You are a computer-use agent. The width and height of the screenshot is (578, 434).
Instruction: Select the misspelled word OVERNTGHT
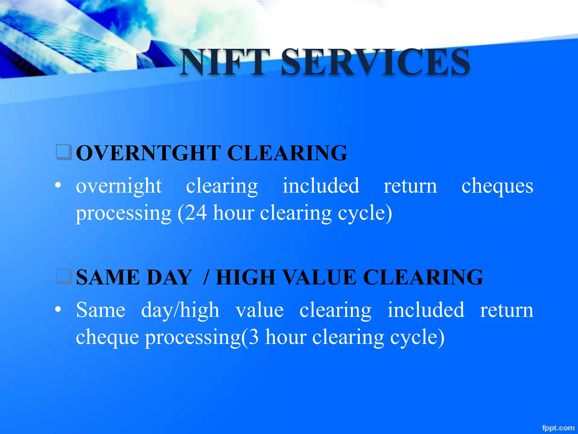click(x=148, y=153)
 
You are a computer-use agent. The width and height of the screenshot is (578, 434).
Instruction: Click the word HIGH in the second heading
click(x=246, y=277)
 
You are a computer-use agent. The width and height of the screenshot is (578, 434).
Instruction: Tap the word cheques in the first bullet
click(x=497, y=186)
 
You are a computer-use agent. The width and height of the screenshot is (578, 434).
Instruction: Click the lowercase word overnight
click(x=119, y=186)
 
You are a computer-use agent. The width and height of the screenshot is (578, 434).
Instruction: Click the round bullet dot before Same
click(x=58, y=310)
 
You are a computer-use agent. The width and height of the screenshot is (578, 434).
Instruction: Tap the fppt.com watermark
click(x=558, y=428)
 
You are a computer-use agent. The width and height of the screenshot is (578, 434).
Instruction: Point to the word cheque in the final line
click(x=108, y=338)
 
